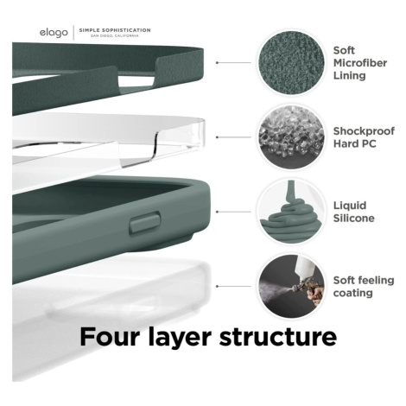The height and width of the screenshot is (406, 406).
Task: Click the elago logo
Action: [54, 33]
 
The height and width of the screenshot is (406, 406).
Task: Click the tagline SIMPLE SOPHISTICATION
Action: [115, 30]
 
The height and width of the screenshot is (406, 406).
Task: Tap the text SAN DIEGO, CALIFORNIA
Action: [115, 35]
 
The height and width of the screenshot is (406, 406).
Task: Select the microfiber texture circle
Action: [291, 62]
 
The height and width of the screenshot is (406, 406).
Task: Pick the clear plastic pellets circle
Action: [291, 137]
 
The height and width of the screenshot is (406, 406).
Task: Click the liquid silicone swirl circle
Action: [291, 212]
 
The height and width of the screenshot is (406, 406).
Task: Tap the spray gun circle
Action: [291, 286]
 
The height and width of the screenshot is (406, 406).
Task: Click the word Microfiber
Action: [360, 63]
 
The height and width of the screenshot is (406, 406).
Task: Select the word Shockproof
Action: [364, 131]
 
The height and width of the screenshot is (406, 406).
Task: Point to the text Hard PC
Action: [354, 143]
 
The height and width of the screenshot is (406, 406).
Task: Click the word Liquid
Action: [350, 206]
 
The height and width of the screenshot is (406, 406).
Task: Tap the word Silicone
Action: [354, 218]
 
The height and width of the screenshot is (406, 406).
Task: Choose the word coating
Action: [353, 293]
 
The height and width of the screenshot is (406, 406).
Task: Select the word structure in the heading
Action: [278, 337]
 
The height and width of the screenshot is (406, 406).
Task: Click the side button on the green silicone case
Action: [145, 223]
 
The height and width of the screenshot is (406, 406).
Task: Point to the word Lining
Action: [350, 76]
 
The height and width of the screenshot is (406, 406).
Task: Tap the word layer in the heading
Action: [180, 338]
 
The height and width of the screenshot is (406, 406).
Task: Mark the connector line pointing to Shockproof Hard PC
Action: [233, 137]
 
